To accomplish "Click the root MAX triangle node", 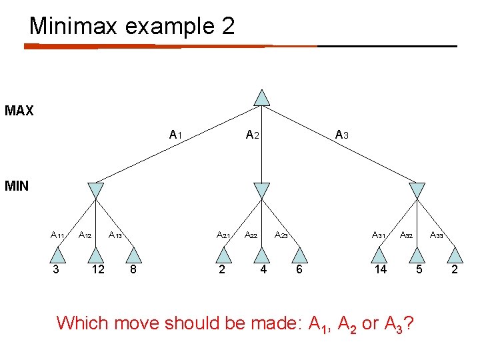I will tap(263, 98).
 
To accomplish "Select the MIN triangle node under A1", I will tap(96, 191).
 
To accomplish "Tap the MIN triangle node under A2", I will tap(262, 191).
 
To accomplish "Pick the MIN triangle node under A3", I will tap(417, 191).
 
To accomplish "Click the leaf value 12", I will tap(97, 270).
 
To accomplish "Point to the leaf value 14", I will tap(381, 270).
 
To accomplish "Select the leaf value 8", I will tap(133, 270).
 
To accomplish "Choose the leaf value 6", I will tap(299, 270).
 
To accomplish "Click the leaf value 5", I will tap(418, 270).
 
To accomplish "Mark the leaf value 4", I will tap(263, 270).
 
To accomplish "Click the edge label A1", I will tap(176, 135).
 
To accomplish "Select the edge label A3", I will tap(342, 135).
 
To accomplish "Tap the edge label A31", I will tap(379, 235).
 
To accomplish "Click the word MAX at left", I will tap(19, 111).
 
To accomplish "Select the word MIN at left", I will tap(16, 186).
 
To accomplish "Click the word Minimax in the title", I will tap(72, 26).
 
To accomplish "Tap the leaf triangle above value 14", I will tap(379, 255).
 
